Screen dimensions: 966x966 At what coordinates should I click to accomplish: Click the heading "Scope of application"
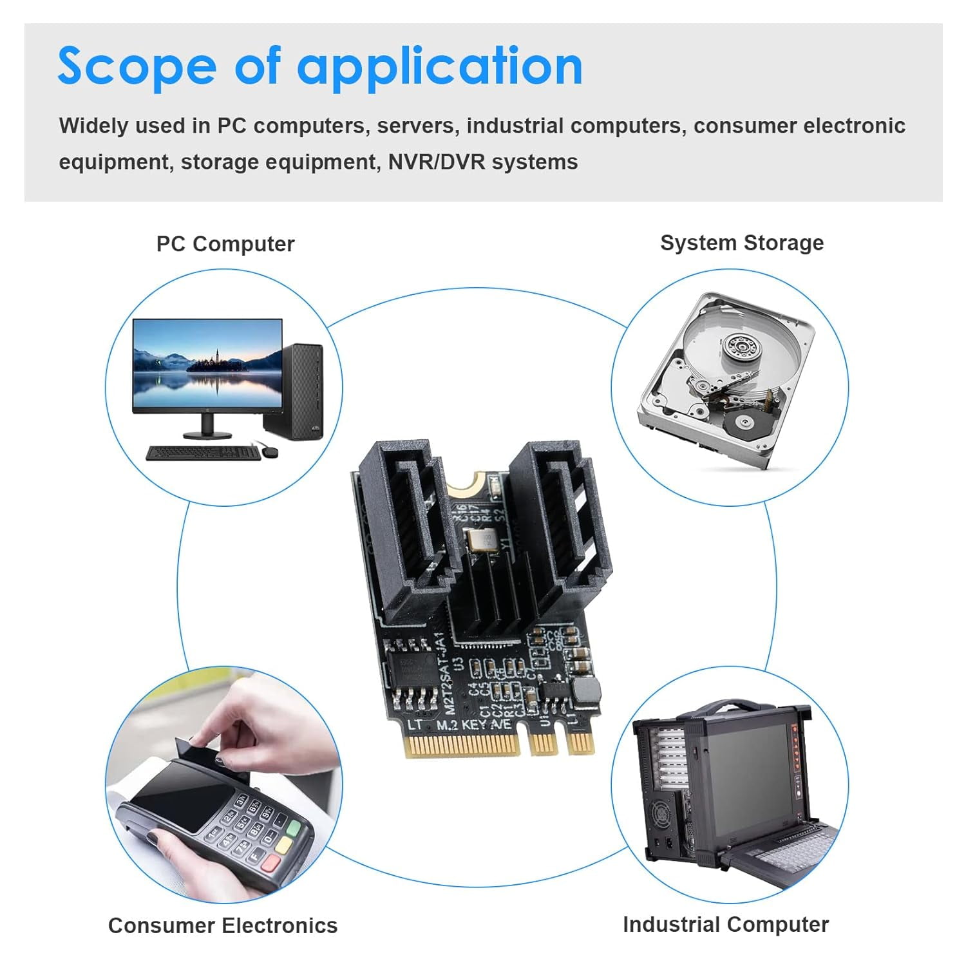(x=320, y=66)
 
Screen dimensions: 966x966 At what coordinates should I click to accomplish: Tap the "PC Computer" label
(x=225, y=244)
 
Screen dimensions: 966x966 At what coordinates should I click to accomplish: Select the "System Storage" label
(x=742, y=243)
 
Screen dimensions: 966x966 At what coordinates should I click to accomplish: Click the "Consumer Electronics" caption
(x=223, y=925)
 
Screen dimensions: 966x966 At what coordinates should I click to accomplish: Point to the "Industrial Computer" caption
(x=726, y=924)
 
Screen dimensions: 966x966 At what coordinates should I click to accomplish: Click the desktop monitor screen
(x=207, y=365)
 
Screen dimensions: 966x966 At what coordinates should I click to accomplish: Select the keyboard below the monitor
(x=202, y=453)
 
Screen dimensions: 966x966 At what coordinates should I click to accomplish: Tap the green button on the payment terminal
(x=294, y=828)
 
